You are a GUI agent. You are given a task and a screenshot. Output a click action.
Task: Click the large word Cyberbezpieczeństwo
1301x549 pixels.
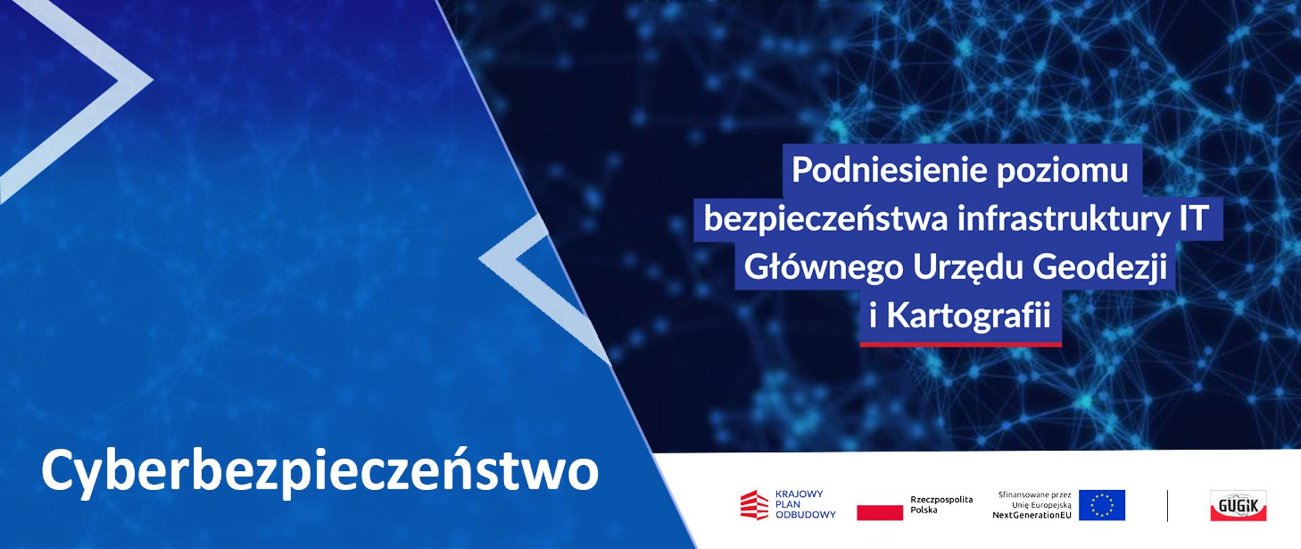coord(320,470)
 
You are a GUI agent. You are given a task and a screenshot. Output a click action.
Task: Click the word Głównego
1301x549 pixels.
coord(823,268)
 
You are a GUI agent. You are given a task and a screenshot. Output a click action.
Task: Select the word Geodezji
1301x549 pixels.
coord(1100,268)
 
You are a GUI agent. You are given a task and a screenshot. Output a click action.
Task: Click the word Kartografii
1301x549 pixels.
coord(968,316)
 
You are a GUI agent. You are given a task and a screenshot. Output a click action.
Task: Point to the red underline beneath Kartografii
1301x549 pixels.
coord(960,344)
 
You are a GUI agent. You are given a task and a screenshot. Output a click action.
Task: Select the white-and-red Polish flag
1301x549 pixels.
coord(880,505)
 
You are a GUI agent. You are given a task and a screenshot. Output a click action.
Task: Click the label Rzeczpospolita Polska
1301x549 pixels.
coord(941,504)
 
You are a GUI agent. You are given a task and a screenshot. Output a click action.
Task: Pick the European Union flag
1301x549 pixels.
coord(1102,505)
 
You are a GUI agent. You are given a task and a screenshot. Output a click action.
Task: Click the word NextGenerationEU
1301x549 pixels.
coord(1031,515)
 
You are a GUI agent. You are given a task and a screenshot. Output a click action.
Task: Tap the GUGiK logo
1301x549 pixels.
coord(1239,505)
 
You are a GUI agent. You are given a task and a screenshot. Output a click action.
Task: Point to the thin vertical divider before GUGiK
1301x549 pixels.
coord(1168,505)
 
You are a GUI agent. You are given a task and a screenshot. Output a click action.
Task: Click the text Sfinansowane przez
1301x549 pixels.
coord(1035,495)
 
